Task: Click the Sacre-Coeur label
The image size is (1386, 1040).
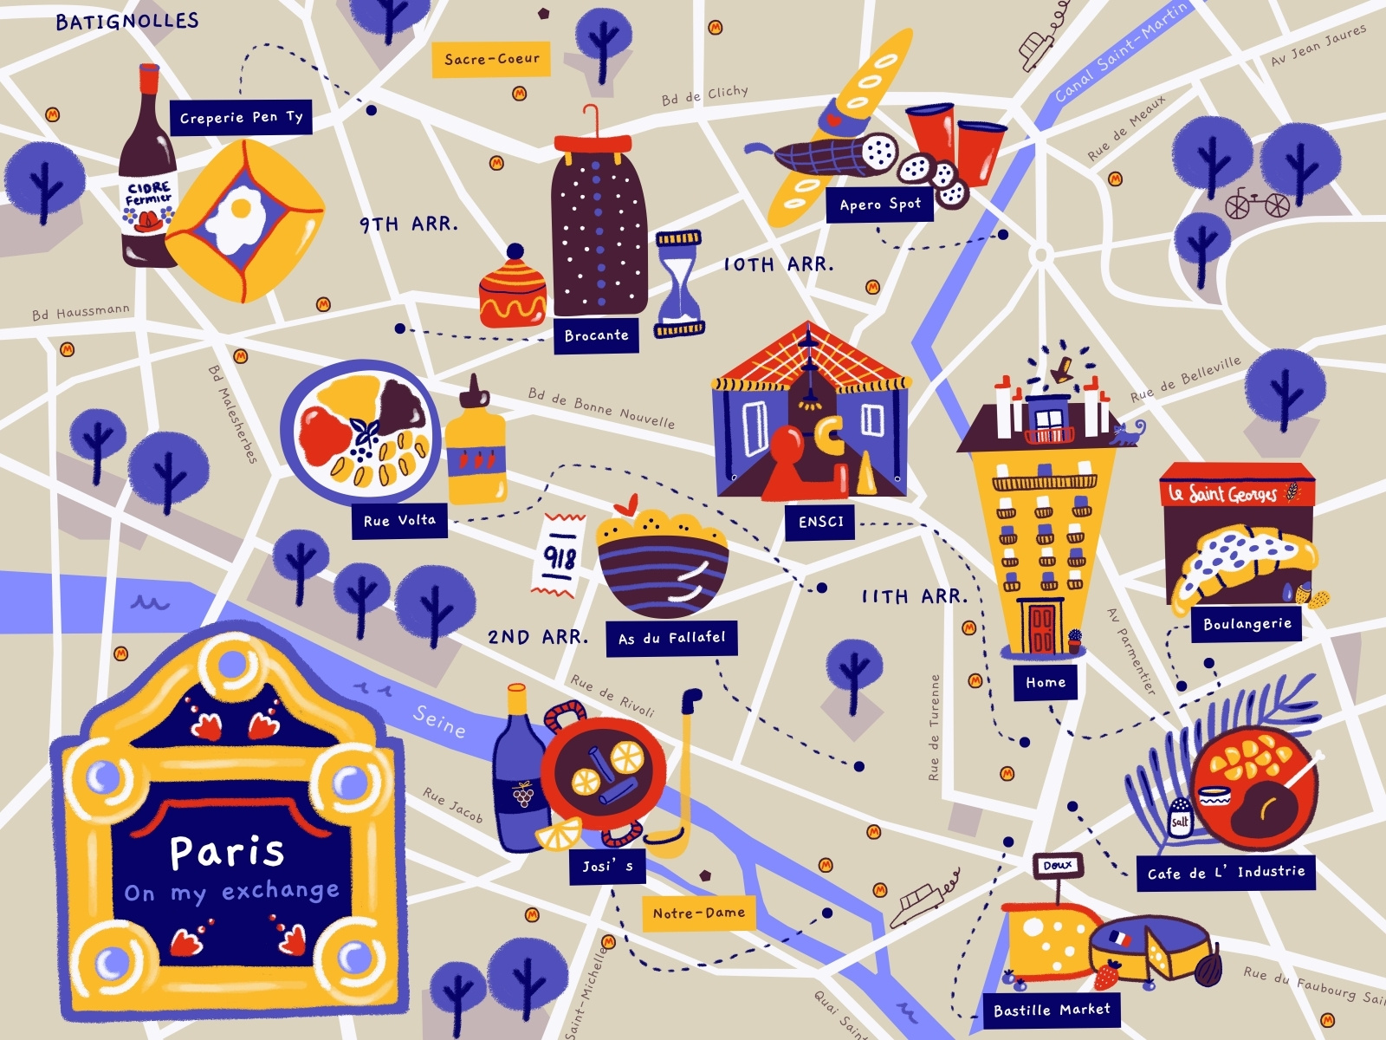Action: coord(491,59)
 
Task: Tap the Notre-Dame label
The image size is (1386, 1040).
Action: coord(698,913)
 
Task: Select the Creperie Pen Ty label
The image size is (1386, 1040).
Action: coord(241,117)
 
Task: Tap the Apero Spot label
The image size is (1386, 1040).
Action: coord(879,205)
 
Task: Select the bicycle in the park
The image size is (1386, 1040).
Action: coord(1257,203)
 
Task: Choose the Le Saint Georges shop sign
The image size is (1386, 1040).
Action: coord(1236,493)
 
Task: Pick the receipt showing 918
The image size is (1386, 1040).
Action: coord(560,555)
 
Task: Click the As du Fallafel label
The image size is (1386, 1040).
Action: coord(671,638)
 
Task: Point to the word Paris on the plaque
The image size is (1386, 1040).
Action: coord(227,851)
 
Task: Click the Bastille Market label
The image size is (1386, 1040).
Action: coord(1051,1010)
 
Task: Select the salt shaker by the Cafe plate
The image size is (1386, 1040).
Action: coord(1180,816)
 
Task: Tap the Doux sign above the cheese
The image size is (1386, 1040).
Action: coord(1057,865)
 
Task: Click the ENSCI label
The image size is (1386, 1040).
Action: coord(820,522)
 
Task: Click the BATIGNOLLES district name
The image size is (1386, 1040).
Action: coord(127,21)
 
